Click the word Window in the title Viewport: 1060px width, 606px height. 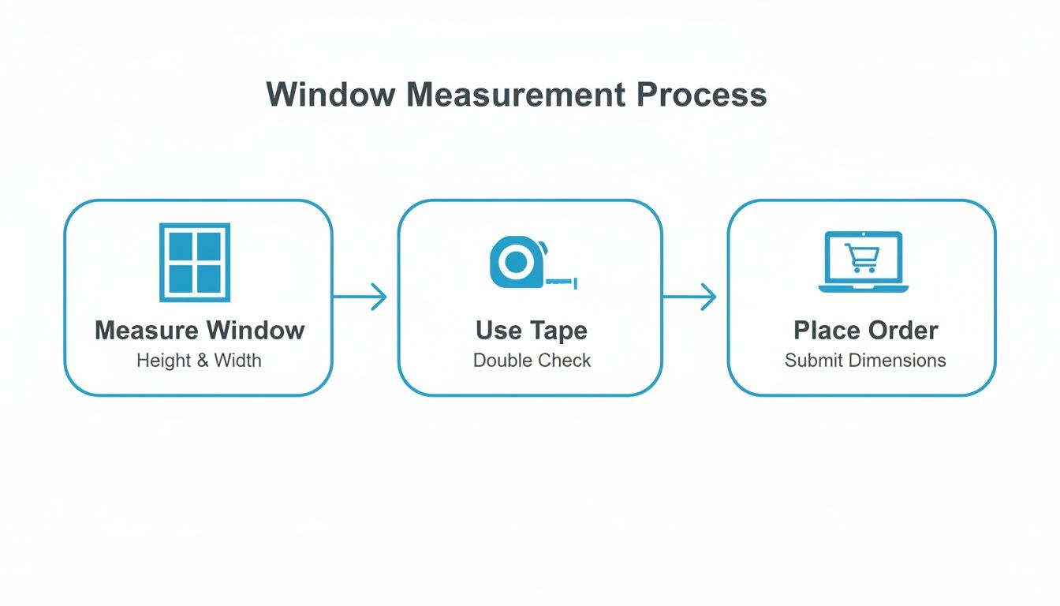(330, 95)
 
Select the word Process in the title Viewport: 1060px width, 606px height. (701, 95)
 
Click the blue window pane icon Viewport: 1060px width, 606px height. (195, 263)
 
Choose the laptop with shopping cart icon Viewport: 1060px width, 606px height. (863, 261)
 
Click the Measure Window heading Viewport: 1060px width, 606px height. (200, 330)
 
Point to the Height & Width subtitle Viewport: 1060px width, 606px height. (199, 361)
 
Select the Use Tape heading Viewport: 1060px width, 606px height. (532, 330)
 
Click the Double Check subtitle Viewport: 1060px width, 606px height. (532, 361)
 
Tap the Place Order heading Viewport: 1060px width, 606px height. (865, 330)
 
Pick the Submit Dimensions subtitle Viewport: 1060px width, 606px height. (865, 361)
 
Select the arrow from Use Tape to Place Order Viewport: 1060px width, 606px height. (689, 297)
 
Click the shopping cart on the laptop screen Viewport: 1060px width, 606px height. (861, 257)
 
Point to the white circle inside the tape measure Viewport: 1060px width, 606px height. (515, 263)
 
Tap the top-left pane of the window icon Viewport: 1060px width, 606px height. (181, 247)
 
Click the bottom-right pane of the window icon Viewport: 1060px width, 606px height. (209, 278)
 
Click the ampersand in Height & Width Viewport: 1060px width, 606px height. (202, 361)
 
